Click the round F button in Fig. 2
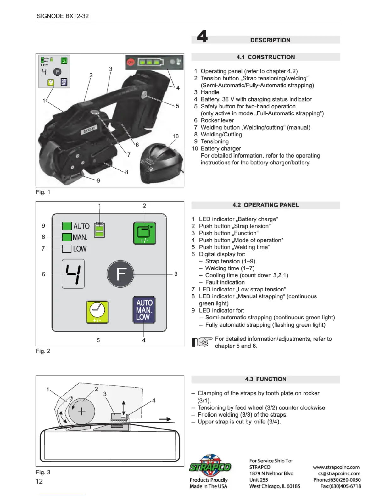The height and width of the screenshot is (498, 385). point(120,274)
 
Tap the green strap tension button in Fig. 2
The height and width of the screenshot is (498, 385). point(144,233)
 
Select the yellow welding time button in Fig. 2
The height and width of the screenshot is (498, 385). point(97,312)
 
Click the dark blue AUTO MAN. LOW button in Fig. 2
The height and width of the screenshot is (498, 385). point(144,310)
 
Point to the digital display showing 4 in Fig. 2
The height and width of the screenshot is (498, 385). point(73,274)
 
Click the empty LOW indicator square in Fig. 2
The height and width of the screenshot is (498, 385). point(67,249)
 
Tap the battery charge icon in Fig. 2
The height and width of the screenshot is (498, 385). point(99,230)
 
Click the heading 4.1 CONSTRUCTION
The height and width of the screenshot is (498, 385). point(265,57)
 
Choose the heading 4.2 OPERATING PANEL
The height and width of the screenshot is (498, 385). point(265,205)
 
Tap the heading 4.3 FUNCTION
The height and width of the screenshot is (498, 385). point(265,379)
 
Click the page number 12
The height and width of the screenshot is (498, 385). point(39,481)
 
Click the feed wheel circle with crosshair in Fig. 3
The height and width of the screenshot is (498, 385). point(81,412)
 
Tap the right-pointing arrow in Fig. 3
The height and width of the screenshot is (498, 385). point(165,419)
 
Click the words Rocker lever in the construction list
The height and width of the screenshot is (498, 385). point(217,120)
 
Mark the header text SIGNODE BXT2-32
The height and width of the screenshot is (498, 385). point(63,16)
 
